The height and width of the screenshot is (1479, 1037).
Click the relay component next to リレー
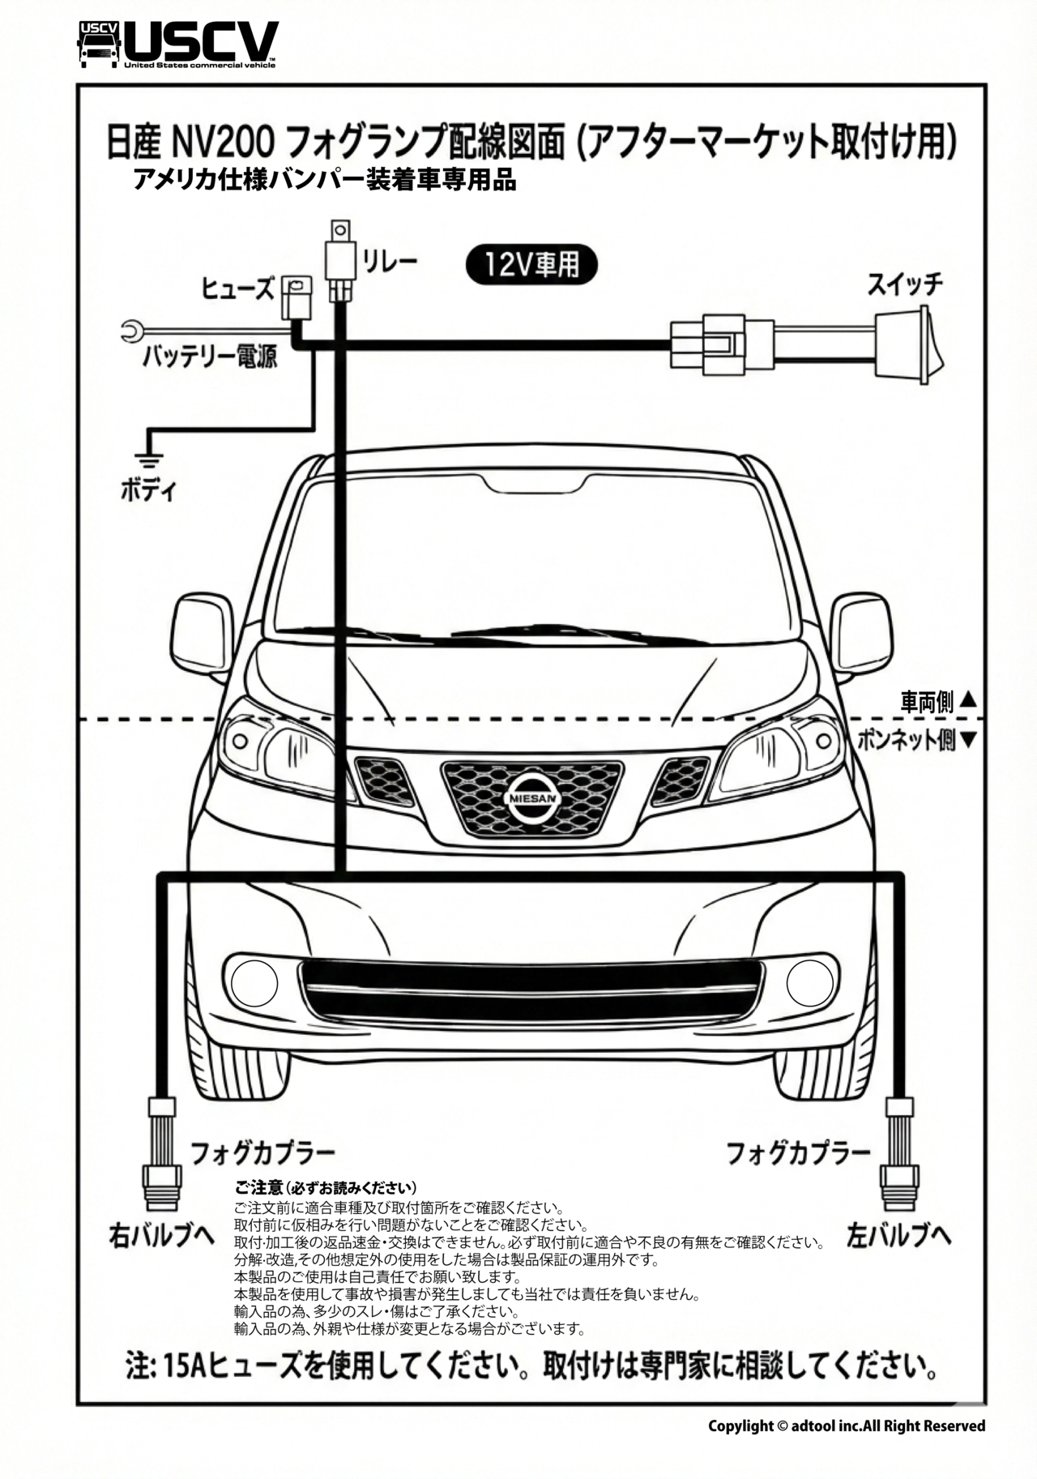pos(340,258)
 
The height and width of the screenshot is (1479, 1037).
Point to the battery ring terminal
pos(131,330)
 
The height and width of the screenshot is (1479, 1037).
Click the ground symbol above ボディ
pos(147,460)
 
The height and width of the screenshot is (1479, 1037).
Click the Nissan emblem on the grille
pos(532,798)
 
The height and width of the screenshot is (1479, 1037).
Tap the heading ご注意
pos(258,1188)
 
